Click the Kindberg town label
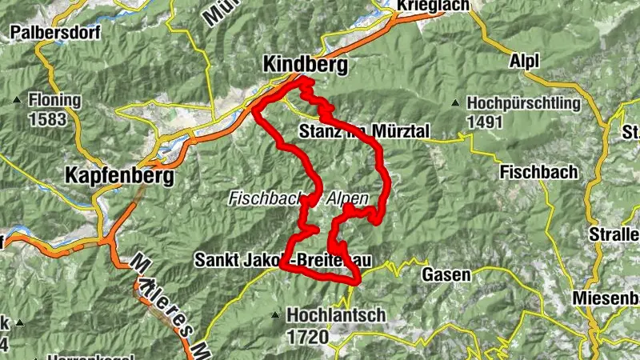pyautogui.click(x=306, y=65)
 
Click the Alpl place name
pyautogui.click(x=524, y=61)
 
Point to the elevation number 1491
pyautogui.click(x=485, y=122)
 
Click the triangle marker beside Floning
pyautogui.click(x=17, y=101)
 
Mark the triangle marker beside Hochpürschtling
pyautogui.click(x=455, y=103)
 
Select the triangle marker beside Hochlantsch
pyautogui.click(x=276, y=315)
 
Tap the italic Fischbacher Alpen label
pyautogui.click(x=298, y=197)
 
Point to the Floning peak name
pyautogui.click(x=54, y=101)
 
